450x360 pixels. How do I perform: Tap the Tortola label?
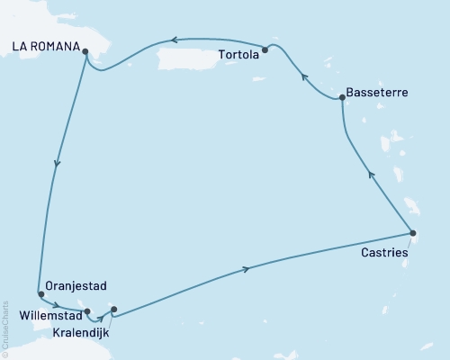point(238,54)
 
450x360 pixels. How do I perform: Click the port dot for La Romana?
point(85,51)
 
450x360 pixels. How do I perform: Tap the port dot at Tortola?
point(265,50)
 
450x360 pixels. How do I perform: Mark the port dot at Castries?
point(412,234)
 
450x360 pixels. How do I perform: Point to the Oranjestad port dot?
point(40,293)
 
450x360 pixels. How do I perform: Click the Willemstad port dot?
point(86,311)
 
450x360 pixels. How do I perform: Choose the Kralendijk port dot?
point(113,310)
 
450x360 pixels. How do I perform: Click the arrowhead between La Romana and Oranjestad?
point(58,164)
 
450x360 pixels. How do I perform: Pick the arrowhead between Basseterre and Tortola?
point(304,77)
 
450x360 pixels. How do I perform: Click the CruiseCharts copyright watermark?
point(5,325)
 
